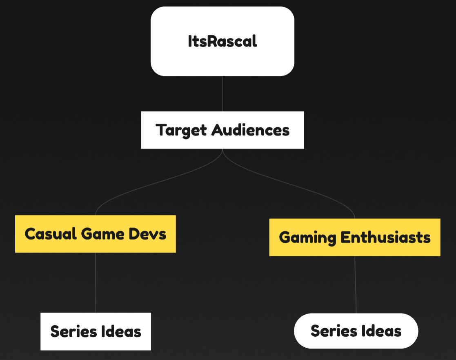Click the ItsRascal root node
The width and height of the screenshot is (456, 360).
222,41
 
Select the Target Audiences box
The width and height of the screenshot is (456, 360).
222,130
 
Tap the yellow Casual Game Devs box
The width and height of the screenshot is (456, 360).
96,234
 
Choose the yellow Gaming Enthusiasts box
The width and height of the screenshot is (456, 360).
355,237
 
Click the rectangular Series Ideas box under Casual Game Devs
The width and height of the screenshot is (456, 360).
96,331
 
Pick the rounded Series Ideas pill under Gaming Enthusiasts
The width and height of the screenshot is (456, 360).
356,331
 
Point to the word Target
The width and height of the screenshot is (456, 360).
182,130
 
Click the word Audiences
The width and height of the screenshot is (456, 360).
250,130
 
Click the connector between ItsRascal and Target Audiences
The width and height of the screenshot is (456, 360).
222,93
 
